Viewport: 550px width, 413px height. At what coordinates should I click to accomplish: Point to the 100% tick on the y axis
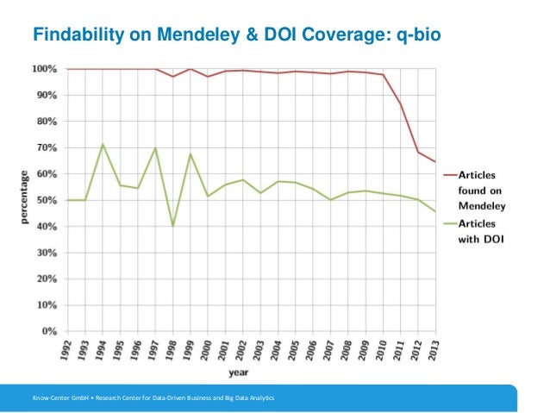pos(45,68)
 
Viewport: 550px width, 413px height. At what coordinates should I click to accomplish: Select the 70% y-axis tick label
pos(47,147)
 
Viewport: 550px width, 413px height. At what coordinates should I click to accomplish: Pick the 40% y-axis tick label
pos(47,226)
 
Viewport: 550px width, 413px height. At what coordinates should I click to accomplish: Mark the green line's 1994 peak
pos(103,144)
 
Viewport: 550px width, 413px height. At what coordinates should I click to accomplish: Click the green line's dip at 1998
pos(172,226)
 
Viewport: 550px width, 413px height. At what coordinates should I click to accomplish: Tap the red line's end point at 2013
pos(436,162)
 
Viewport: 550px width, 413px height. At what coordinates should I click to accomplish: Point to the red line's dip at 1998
pos(172,77)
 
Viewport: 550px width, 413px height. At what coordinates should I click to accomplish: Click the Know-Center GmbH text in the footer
pos(59,397)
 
